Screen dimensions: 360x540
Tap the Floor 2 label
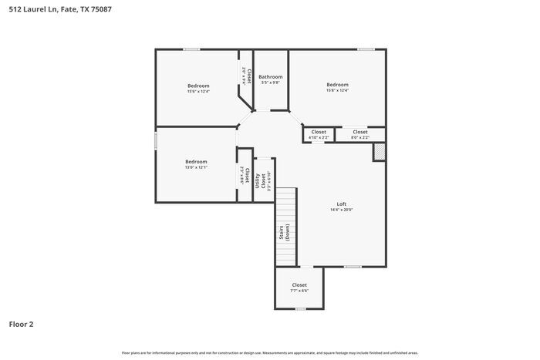click(22, 324)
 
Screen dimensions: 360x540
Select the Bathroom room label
click(270, 76)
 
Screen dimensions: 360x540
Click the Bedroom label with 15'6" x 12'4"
click(198, 85)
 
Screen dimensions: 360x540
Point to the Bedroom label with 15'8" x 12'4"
click(337, 84)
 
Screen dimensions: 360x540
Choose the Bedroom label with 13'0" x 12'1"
click(196, 161)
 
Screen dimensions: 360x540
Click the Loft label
click(341, 204)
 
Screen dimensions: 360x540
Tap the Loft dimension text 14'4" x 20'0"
click(341, 210)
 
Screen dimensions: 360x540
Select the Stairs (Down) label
click(285, 232)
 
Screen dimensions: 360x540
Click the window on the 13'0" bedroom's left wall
click(156, 141)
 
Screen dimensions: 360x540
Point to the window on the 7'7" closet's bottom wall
click(300, 309)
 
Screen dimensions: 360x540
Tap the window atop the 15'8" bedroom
click(366, 50)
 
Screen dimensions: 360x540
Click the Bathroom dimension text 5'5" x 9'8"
click(270, 83)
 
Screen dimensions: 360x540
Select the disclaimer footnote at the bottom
click(269, 352)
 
